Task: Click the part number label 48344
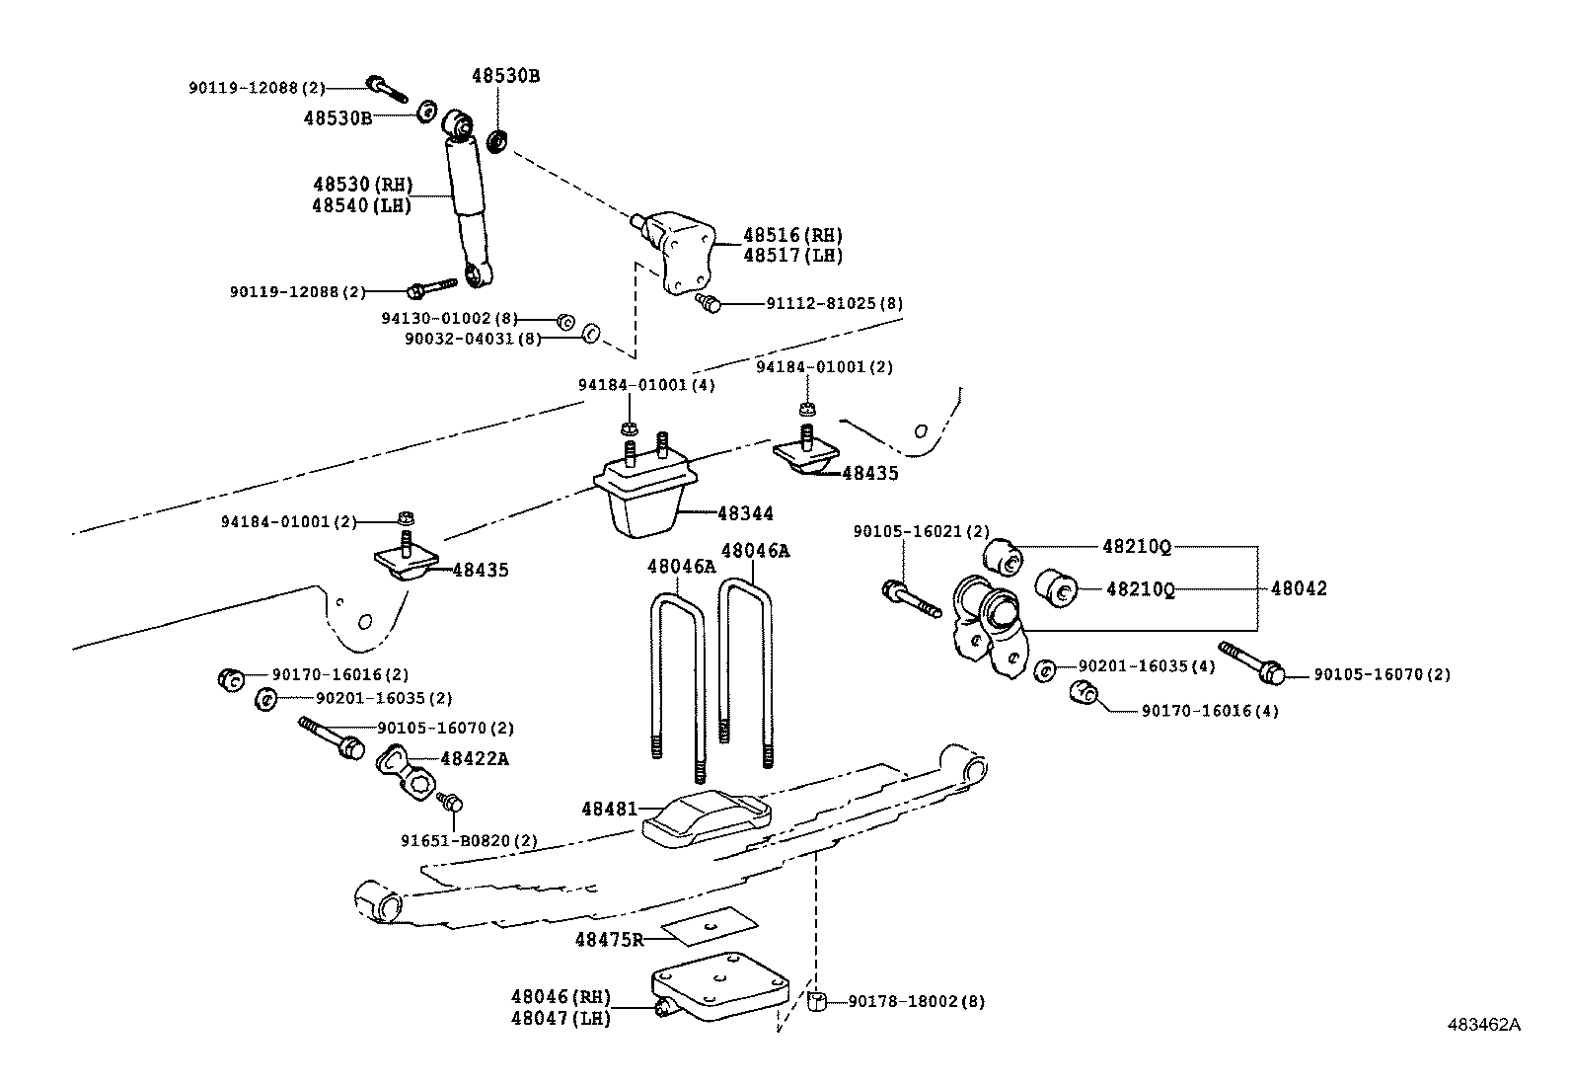(x=746, y=514)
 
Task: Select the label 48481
(x=609, y=809)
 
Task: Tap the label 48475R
(x=609, y=940)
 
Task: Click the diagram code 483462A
(x=1483, y=1025)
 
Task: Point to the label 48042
(x=1299, y=589)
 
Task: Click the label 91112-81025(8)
(x=834, y=304)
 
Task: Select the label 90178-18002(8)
(x=917, y=1002)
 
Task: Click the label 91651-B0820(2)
(x=469, y=841)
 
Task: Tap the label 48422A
(x=475, y=759)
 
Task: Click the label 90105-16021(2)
(x=921, y=532)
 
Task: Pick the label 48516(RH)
(x=792, y=236)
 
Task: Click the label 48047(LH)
(x=561, y=1019)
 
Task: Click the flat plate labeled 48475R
(x=710, y=927)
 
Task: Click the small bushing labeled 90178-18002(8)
(x=817, y=1003)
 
